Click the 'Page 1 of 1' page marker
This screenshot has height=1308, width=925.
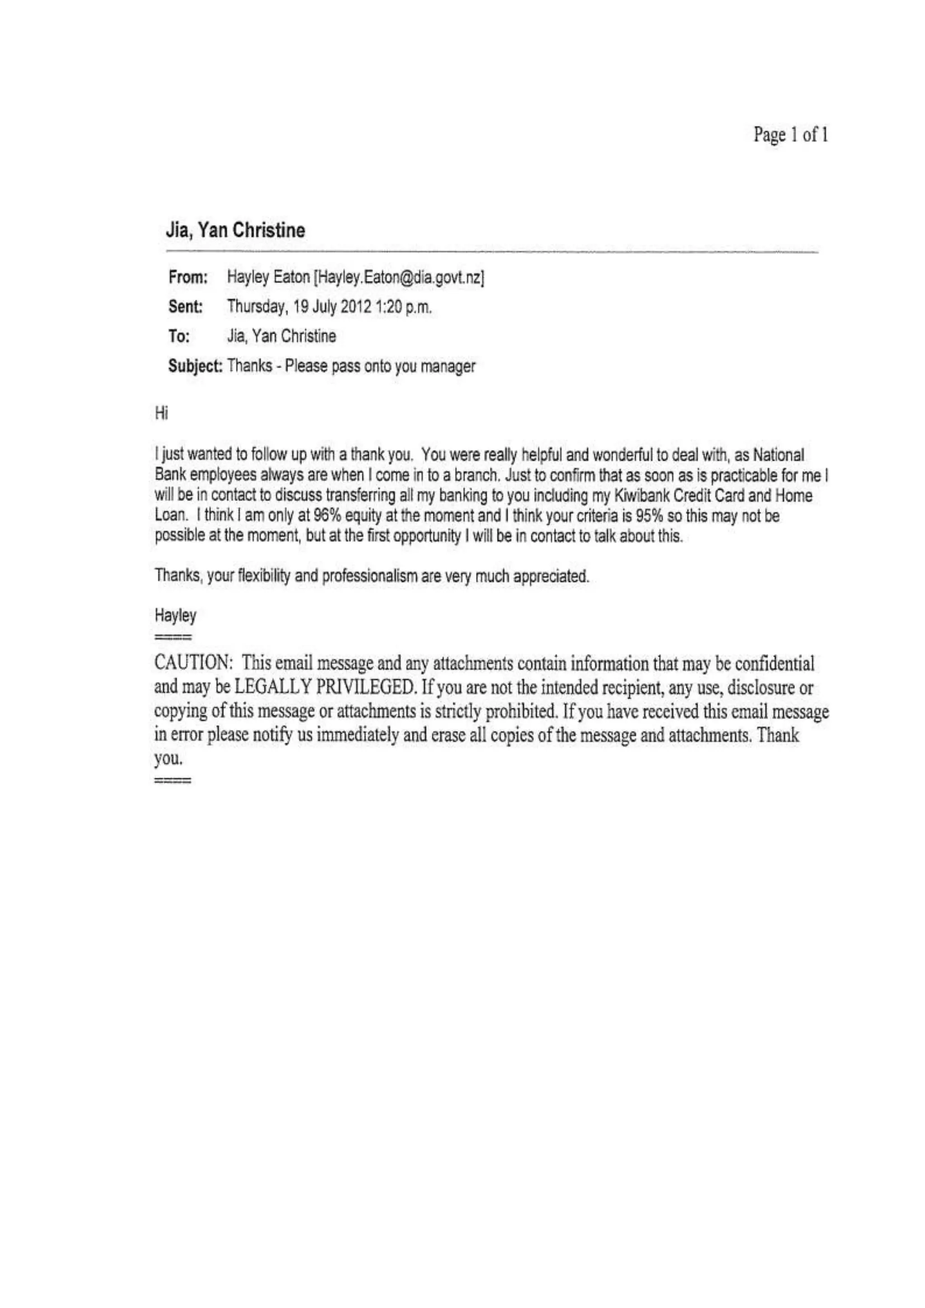790,135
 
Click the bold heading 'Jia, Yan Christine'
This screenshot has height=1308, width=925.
235,231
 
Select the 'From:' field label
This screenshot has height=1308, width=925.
187,278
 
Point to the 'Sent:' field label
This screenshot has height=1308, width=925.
186,307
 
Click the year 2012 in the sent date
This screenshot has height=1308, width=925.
356,307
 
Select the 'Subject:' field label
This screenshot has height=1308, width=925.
195,366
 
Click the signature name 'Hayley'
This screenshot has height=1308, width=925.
175,616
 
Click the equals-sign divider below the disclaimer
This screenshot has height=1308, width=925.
173,780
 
